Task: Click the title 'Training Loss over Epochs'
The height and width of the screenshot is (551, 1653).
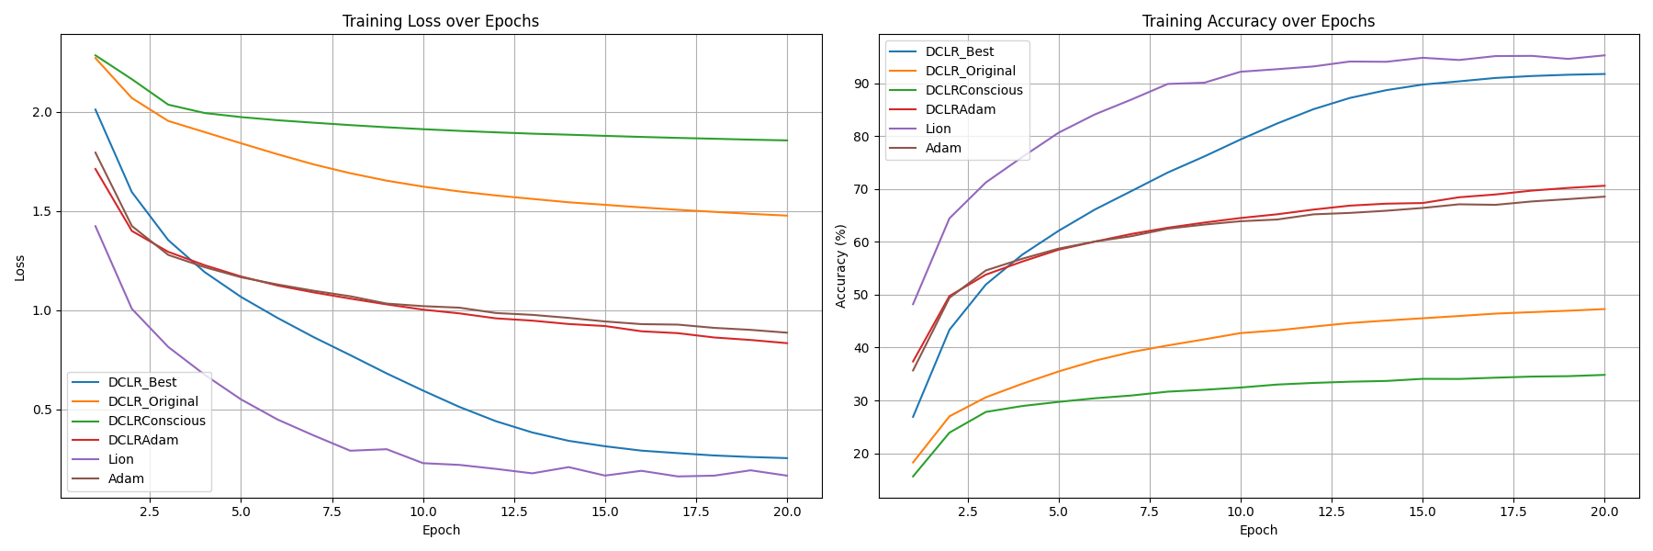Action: (441, 21)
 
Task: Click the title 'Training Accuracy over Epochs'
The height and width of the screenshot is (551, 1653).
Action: (1258, 21)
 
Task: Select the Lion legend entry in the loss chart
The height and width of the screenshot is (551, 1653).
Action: (120, 459)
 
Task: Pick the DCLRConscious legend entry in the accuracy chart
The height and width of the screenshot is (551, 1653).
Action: (973, 90)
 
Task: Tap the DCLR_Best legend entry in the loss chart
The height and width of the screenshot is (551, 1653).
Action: (141, 382)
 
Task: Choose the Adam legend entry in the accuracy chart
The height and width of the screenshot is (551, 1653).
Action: (943, 148)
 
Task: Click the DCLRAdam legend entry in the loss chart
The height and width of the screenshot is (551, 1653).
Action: (142, 440)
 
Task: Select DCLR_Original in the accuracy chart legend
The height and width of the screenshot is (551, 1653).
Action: (970, 71)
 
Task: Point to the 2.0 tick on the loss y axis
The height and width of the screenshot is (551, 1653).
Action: (43, 112)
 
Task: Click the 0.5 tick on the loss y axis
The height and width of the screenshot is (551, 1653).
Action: (43, 410)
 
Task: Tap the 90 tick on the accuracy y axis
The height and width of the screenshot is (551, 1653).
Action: (863, 84)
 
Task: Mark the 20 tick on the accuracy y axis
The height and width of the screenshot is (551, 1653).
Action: (863, 454)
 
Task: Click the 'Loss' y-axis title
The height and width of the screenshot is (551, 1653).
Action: (20, 267)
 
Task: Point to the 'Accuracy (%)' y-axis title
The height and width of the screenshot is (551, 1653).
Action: (840, 266)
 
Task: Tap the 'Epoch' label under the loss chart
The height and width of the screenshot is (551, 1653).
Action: (441, 530)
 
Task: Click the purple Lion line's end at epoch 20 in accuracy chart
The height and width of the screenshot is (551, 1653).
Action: (1604, 55)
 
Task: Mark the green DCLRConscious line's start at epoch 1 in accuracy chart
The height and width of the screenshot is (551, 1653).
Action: (913, 476)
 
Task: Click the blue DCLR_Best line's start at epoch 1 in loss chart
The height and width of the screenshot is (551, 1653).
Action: (96, 109)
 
